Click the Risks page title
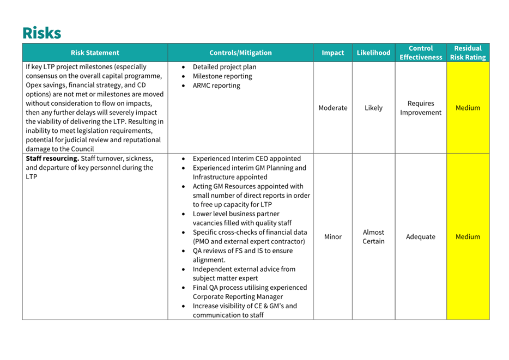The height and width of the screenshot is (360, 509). point(42,33)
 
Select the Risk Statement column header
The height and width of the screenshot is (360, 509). point(95,53)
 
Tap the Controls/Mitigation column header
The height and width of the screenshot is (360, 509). point(240,53)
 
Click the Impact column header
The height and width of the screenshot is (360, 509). point(332,53)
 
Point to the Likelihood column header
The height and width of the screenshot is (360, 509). point(373,53)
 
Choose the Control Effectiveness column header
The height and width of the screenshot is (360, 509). point(421,53)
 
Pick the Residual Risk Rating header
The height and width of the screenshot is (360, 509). point(468,53)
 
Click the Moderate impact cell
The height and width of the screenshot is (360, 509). point(332,108)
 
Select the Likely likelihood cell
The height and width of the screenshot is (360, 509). point(373,108)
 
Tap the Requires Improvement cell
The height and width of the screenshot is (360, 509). point(421,108)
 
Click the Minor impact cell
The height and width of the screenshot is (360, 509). point(332,237)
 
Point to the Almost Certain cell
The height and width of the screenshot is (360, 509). point(373,237)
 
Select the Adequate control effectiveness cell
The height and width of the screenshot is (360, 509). point(421,237)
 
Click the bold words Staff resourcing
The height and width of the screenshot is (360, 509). point(52,158)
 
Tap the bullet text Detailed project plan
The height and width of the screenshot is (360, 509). point(225,67)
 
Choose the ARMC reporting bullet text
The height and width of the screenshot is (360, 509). point(216,86)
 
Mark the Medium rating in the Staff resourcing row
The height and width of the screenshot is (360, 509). point(468,237)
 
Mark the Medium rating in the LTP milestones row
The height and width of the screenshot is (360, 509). point(468,108)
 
